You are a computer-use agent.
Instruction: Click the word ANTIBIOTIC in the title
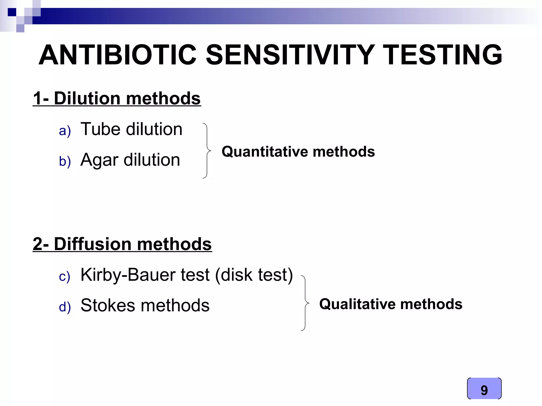[118, 55]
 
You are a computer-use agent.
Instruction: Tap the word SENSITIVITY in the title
[290, 55]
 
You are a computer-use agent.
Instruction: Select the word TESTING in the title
[442, 55]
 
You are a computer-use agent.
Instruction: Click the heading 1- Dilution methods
[117, 98]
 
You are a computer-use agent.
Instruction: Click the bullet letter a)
[65, 131]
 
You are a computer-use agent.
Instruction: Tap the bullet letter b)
[65, 161]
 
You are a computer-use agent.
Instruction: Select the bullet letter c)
[65, 276]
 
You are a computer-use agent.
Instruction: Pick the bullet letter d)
[65, 307]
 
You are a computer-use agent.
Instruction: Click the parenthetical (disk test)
[254, 275]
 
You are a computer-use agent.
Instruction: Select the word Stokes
[108, 305]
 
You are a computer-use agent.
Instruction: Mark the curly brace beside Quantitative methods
[207, 151]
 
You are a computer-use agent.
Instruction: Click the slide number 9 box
[484, 388]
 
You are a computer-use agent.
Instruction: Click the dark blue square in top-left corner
[12, 12]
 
